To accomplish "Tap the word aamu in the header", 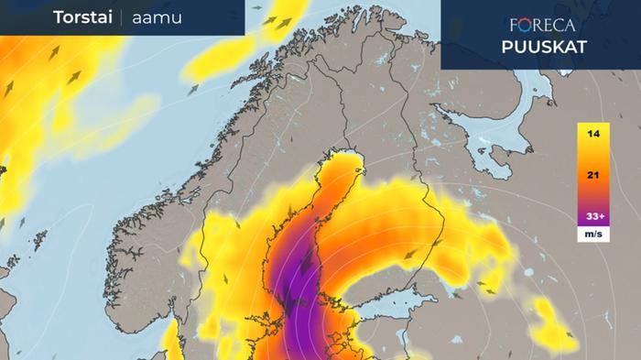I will tap(154, 18).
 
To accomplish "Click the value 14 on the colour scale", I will tap(593, 135).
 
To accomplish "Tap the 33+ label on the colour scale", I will tap(593, 217).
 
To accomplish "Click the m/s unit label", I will tap(593, 235).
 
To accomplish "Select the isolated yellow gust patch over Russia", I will tap(554, 325).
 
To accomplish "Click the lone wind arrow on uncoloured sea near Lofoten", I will tap(194, 90).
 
